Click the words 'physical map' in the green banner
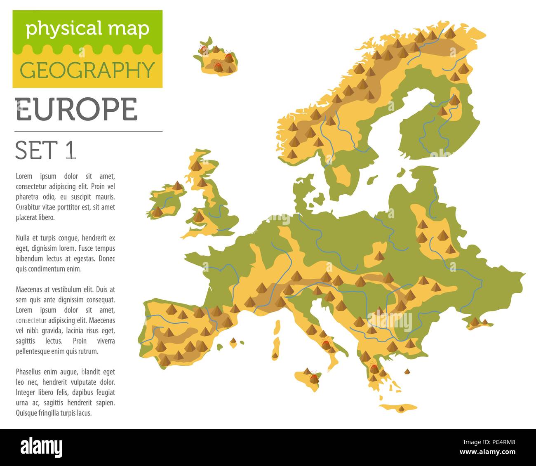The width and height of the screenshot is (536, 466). tap(87, 29)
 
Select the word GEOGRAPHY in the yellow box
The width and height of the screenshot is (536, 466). tap(87, 70)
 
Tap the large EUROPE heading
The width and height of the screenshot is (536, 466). tap(76, 110)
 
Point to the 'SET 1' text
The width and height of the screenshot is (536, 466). tap(46, 150)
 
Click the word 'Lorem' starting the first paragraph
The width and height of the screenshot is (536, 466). tap(24, 176)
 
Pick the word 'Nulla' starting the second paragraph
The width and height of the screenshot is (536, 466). tap(24, 238)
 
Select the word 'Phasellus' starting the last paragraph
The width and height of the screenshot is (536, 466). tap(30, 372)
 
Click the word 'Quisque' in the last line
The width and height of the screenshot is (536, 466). tap(27, 413)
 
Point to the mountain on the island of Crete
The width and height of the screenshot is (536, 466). tap(401, 408)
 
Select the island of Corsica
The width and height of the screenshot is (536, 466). tap(277, 327)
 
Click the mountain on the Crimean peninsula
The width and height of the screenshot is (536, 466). tap(475, 321)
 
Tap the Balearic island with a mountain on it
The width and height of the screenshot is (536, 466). tap(233, 341)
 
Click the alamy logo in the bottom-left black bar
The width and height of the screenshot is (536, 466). tap(41, 447)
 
